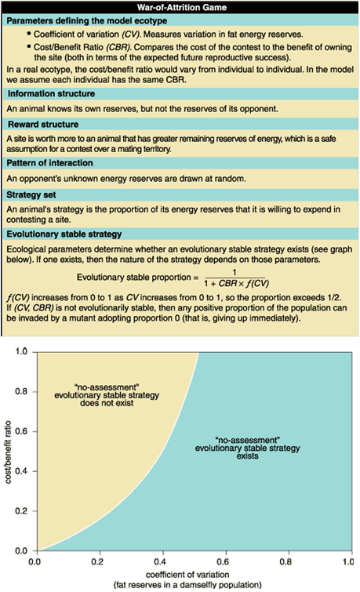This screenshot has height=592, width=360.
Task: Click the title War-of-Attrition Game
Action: point(182,7)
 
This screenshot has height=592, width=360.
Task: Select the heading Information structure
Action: point(52,93)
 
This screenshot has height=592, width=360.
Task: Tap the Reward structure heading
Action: point(43,124)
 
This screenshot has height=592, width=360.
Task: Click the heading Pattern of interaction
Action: point(50,163)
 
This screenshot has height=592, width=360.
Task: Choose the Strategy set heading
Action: point(31,194)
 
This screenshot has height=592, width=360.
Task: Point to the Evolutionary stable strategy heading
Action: point(64,234)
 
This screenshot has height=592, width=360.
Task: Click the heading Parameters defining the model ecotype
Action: point(87,20)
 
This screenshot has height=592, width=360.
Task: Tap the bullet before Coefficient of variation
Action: point(29,34)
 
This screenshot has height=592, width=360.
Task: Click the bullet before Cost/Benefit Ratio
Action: point(29,47)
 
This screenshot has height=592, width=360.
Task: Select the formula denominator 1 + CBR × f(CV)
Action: point(237,284)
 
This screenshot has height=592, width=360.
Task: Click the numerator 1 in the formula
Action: point(235,272)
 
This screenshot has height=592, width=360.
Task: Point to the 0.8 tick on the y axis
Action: point(35,391)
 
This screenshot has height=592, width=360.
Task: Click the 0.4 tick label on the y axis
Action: point(21,471)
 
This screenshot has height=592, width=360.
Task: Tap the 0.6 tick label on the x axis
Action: point(223,561)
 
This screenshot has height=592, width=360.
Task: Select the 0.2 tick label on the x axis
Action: point(97,561)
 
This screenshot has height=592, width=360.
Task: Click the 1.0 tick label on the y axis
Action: point(21,351)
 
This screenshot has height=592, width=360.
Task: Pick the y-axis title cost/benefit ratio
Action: point(8,452)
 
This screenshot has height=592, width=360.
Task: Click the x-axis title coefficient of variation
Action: point(187,575)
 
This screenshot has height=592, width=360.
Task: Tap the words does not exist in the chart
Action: point(107,403)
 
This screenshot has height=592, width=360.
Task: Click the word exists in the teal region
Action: point(247,456)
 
